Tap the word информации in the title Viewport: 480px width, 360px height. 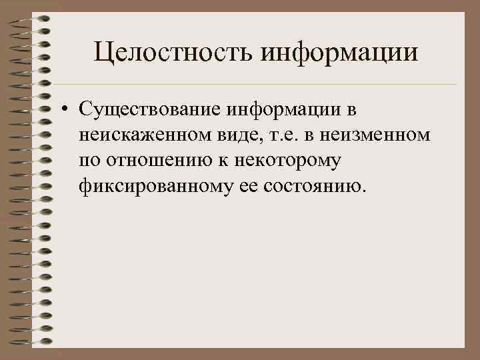[340, 52]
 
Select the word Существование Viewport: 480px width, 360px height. [149, 108]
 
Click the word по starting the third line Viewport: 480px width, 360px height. [87, 161]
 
